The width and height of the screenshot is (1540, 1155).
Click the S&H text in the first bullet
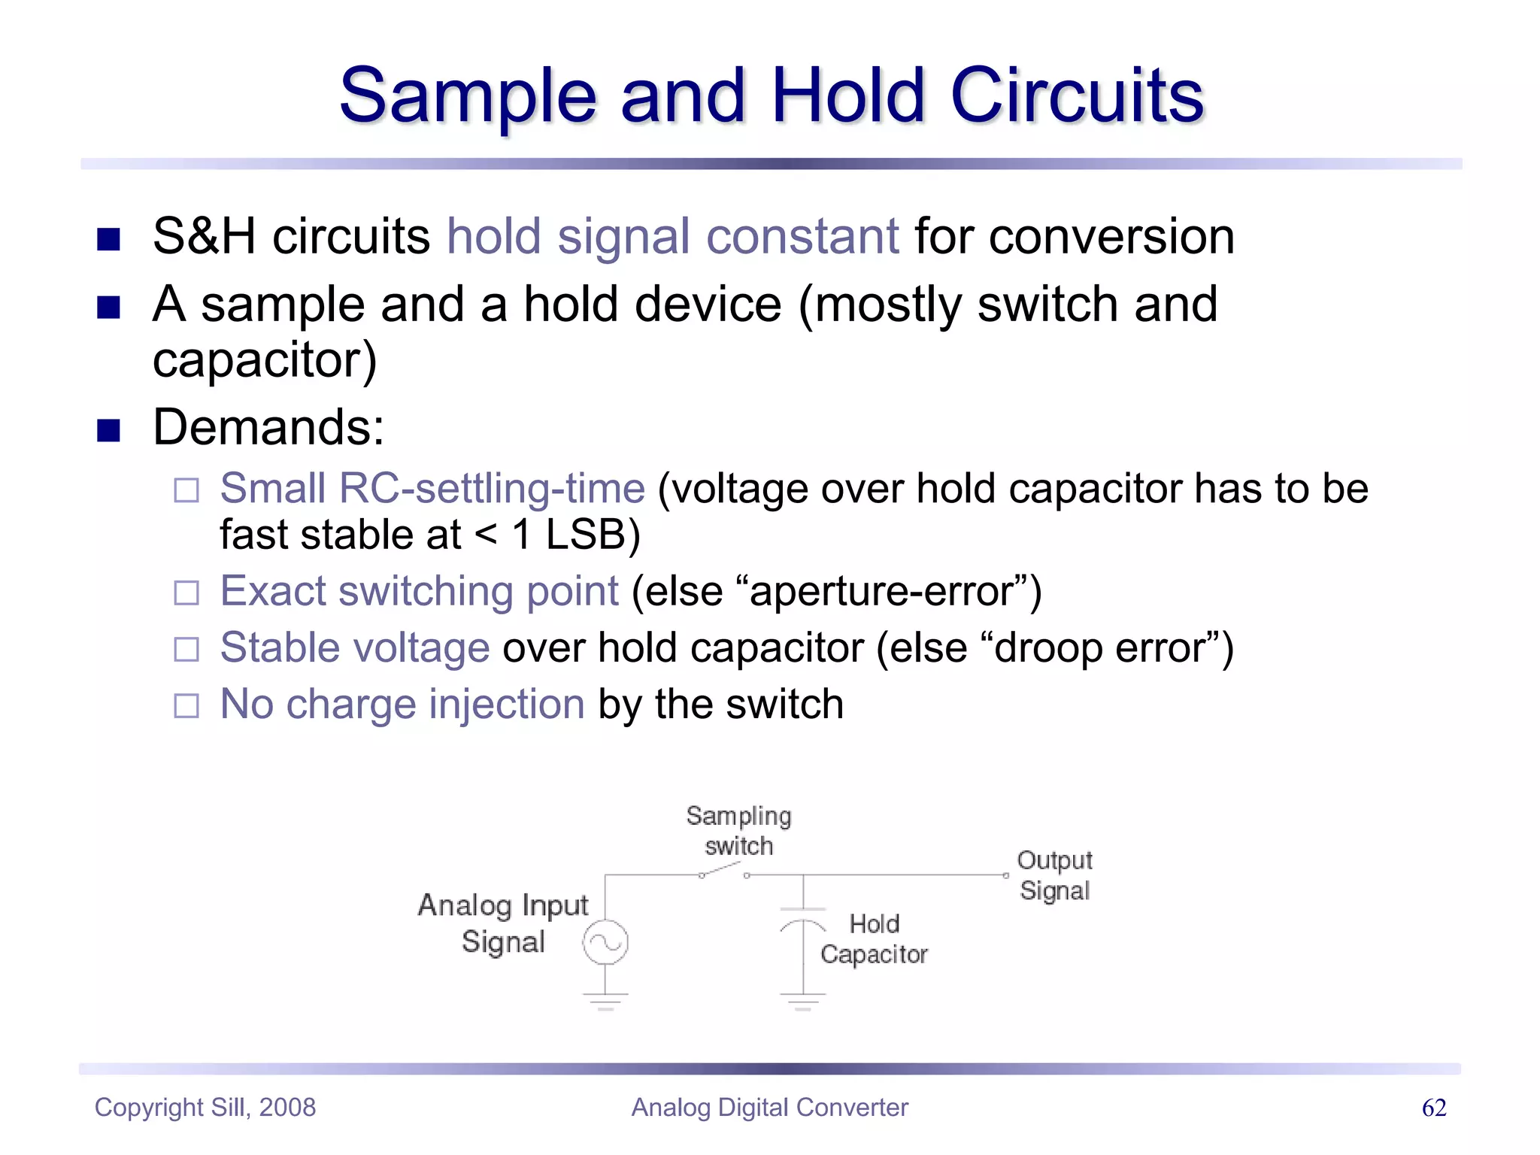[204, 236]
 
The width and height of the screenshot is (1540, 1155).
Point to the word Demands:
[268, 427]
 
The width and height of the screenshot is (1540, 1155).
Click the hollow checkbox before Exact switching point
[186, 593]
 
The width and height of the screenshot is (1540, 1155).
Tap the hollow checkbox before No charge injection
[186, 706]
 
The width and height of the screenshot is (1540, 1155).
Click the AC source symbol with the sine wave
[605, 942]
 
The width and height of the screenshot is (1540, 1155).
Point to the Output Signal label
[1054, 875]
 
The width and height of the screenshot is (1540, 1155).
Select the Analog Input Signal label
[503, 923]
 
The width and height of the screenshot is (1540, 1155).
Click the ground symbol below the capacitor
[803, 1001]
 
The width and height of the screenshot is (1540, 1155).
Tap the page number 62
[1433, 1108]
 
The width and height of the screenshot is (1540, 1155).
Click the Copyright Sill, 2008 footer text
[205, 1108]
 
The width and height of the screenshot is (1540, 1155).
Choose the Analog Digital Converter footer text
[769, 1108]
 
